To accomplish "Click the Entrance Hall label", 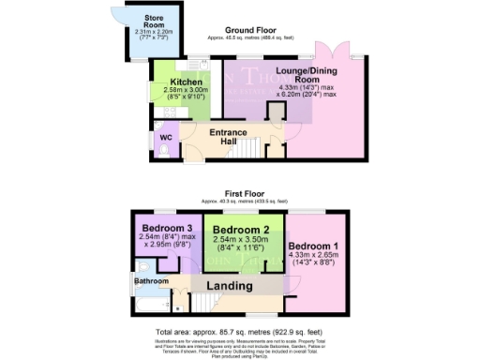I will pos(228,136).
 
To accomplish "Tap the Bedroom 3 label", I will pos(166,228).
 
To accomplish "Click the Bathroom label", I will pos(150,279).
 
